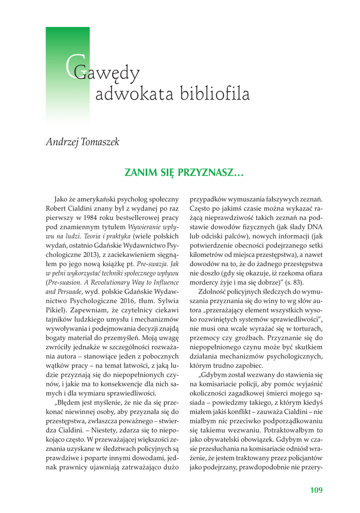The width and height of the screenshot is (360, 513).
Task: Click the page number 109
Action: click(x=316, y=489)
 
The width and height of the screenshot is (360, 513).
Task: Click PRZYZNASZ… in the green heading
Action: click(x=212, y=173)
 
